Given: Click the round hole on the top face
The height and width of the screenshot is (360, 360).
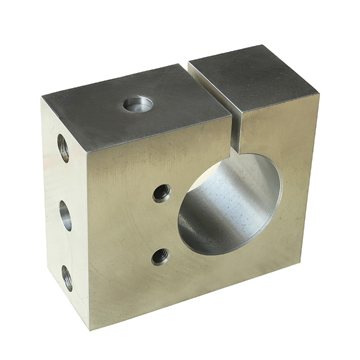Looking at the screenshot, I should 138,104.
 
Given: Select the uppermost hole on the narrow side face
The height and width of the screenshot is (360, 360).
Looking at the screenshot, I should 63,148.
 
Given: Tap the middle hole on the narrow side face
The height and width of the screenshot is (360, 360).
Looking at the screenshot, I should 65,215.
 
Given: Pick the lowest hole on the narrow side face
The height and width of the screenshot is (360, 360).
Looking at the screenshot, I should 67,278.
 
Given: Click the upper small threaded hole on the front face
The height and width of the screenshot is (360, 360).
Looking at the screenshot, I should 161,193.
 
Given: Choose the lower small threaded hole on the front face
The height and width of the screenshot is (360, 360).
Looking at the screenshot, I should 160,256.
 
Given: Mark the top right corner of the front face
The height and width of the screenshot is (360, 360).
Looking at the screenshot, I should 318,94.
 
